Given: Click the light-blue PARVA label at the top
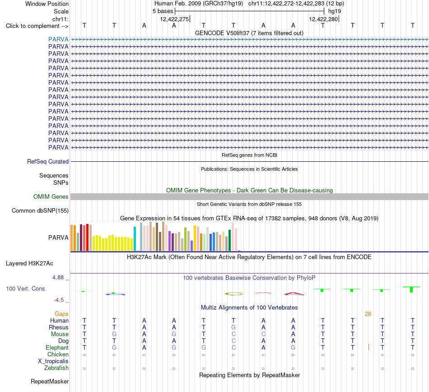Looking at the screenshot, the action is tap(58, 39).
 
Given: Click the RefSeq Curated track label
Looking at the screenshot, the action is tap(48, 161).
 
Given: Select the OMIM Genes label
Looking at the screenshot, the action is tap(51, 196).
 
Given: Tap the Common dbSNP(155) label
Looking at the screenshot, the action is tap(40, 210).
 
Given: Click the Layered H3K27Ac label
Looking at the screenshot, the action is tap(29, 264).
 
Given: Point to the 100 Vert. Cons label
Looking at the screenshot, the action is tap(25, 288).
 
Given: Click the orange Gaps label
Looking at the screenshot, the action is tap(61, 314).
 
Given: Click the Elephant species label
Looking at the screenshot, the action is tap(57, 347).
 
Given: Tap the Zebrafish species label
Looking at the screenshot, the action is tap(56, 368).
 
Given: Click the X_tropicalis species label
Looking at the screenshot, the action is tap(53, 361).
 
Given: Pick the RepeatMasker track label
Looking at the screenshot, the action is tap(50, 381).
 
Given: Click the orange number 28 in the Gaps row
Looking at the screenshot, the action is tap(368, 314).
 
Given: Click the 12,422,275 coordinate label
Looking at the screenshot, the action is tap(175, 19).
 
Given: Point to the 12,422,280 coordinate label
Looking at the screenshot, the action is tap(323, 19).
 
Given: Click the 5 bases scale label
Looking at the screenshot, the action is tap(163, 11).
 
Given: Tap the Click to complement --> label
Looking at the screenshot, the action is tap(37, 26).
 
